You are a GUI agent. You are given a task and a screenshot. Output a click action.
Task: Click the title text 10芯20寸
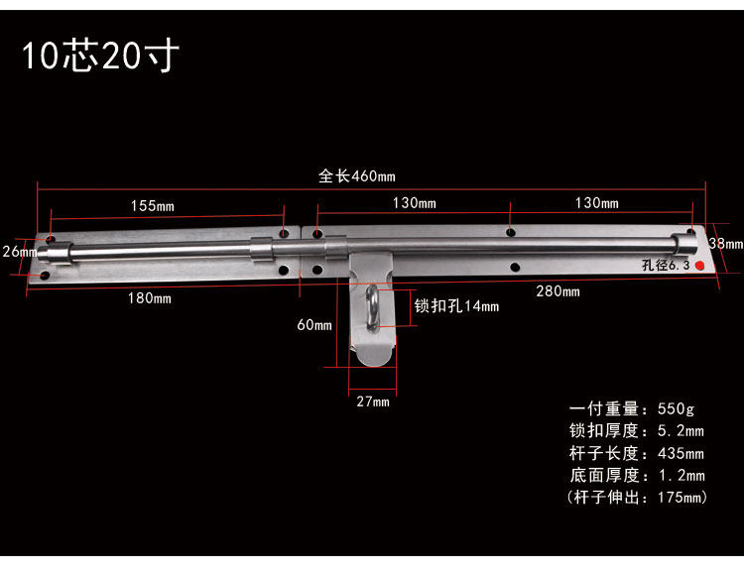click(100, 56)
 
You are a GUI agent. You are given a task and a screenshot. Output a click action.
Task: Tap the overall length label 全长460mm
click(356, 176)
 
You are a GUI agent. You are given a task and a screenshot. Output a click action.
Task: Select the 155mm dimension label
click(152, 206)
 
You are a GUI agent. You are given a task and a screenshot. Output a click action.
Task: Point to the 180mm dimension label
click(149, 297)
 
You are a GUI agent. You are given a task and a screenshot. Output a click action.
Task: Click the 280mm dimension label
click(558, 290)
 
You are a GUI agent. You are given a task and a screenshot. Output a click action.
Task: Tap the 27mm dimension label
click(373, 401)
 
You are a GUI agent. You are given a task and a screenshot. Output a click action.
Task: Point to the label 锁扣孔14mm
click(456, 306)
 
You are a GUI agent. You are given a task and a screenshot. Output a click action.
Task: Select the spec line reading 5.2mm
click(636, 431)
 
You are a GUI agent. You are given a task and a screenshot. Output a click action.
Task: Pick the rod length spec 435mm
click(636, 454)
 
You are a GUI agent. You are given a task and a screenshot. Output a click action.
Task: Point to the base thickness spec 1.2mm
click(636, 476)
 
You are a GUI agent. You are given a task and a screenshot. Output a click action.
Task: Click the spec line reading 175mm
click(636, 498)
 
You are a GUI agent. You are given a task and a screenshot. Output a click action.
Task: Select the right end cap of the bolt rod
click(684, 242)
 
